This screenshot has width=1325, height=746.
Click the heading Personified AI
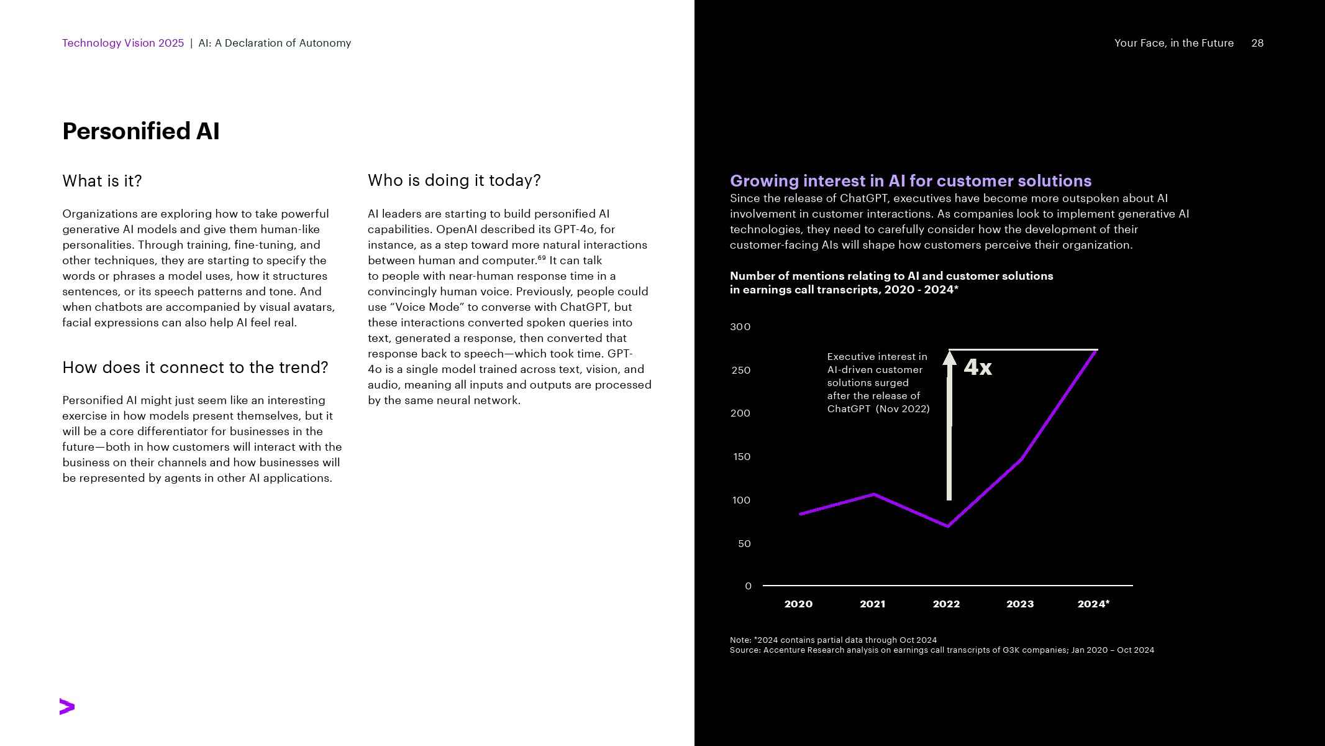pyautogui.click(x=141, y=131)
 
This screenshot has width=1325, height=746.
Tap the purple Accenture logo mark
pyautogui.click(x=67, y=707)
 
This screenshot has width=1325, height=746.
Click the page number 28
pyautogui.click(x=1257, y=43)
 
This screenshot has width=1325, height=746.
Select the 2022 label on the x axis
pyautogui.click(x=946, y=604)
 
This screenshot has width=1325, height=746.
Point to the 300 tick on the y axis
pyautogui.click(x=740, y=327)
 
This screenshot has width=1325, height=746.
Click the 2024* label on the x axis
pyautogui.click(x=1093, y=604)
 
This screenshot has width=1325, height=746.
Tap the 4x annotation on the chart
pyautogui.click(x=978, y=367)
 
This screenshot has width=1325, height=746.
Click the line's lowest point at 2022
pyautogui.click(x=948, y=526)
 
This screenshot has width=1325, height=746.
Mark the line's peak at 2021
pyautogui.click(x=874, y=494)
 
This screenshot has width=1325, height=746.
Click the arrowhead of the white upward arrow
pyautogui.click(x=949, y=357)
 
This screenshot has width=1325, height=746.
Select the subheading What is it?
pyautogui.click(x=102, y=181)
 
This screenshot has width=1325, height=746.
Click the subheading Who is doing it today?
pyautogui.click(x=454, y=180)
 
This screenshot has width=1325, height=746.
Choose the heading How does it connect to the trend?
pyautogui.click(x=195, y=367)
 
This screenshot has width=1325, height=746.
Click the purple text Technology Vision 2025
pyautogui.click(x=123, y=43)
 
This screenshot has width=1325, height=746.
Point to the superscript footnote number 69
pyautogui.click(x=542, y=257)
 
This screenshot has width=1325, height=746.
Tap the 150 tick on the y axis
pyautogui.click(x=742, y=457)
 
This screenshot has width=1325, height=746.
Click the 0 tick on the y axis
pyautogui.click(x=748, y=586)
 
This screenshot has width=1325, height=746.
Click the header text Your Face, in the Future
pyautogui.click(x=1173, y=43)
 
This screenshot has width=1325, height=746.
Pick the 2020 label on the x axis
pyautogui.click(x=798, y=604)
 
